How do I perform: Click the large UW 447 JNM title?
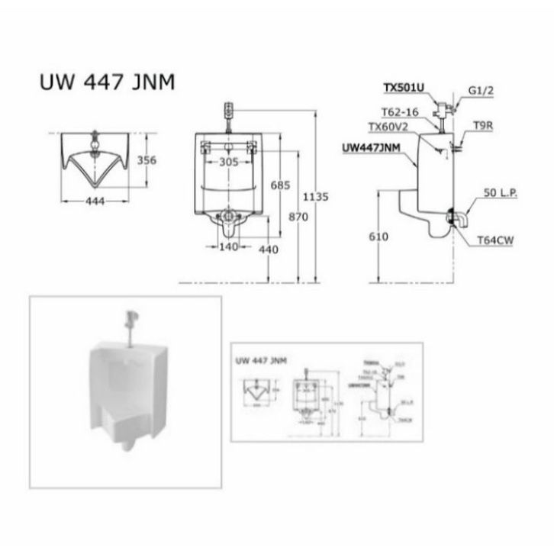pos(107,82)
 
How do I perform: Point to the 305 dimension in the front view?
pos(228,162)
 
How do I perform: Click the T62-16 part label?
pos(398,111)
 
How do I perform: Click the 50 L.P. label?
pos(500,194)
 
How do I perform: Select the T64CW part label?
pos(495,240)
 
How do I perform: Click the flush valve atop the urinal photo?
pos(129,319)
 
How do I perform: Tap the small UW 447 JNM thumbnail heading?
pos(262,359)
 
